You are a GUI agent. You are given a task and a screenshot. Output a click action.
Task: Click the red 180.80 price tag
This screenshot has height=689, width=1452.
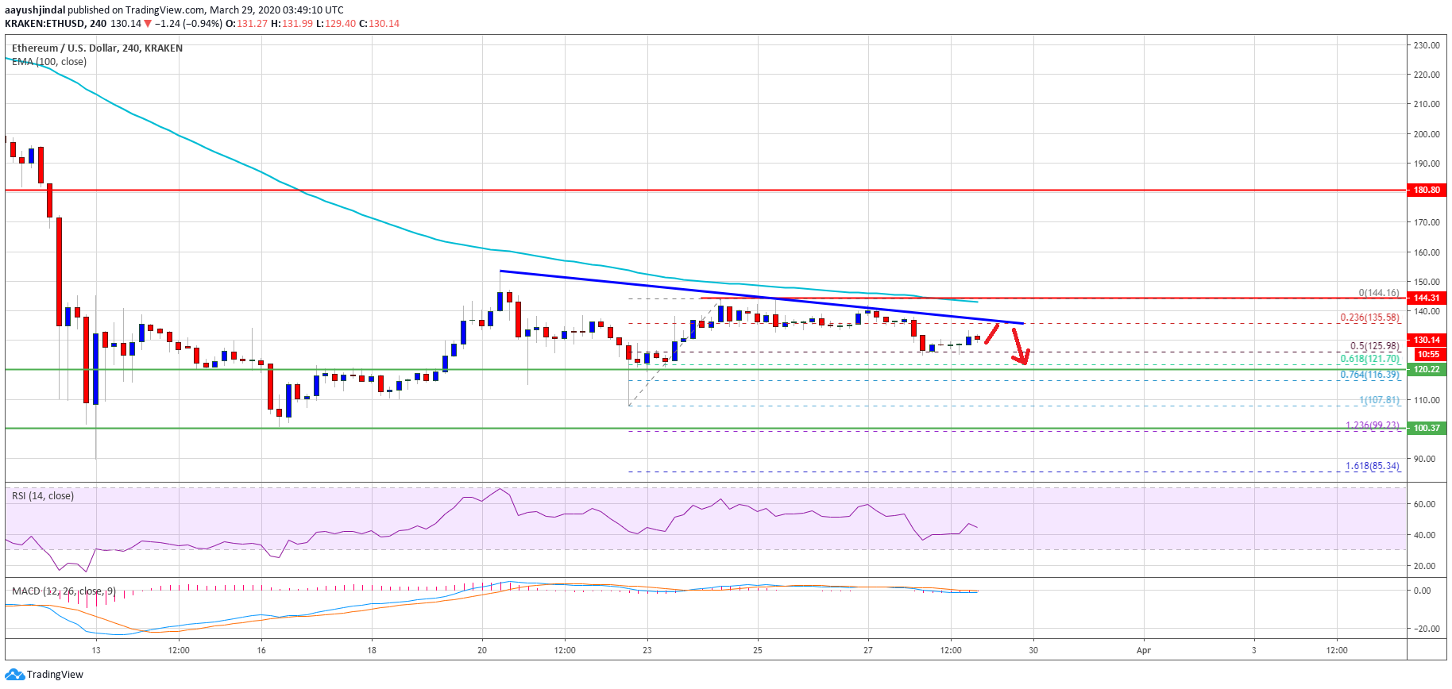click(x=1427, y=190)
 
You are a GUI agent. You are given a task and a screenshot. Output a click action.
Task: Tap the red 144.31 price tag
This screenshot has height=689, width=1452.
click(x=1427, y=298)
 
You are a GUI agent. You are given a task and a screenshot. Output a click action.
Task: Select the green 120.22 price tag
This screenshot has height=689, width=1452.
click(x=1427, y=369)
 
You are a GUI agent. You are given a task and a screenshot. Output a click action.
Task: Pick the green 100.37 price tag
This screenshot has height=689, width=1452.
click(x=1427, y=428)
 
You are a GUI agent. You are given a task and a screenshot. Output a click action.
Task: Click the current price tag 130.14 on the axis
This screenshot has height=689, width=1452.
click(x=1427, y=340)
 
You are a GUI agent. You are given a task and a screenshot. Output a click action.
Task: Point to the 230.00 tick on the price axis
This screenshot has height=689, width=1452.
click(x=1427, y=45)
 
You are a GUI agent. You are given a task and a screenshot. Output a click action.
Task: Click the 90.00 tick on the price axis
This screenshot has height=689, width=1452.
click(x=1424, y=459)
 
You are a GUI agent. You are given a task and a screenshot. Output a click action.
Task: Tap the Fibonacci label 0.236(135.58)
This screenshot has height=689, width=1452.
click(x=1369, y=318)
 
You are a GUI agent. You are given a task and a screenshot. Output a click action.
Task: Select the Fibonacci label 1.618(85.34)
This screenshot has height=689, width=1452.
click(x=1372, y=466)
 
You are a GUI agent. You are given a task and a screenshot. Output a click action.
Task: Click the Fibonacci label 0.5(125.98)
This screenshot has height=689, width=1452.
click(x=1374, y=346)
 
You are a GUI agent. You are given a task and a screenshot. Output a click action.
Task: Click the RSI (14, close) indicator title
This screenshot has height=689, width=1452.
click(x=43, y=496)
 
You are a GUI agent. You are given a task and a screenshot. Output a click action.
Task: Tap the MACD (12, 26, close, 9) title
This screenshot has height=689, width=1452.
click(x=64, y=591)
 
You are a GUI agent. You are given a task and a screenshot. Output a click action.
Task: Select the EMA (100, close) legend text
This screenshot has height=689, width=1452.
click(x=49, y=62)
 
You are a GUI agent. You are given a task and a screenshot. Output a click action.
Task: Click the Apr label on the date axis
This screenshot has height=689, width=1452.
click(x=1143, y=650)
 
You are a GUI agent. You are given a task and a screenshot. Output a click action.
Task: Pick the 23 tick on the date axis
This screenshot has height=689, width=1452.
click(x=647, y=650)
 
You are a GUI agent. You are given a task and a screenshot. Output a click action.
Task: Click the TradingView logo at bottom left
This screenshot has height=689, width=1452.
click(x=44, y=675)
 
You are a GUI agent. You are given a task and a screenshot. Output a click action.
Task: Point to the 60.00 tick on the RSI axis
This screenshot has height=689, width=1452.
click(x=1424, y=504)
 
